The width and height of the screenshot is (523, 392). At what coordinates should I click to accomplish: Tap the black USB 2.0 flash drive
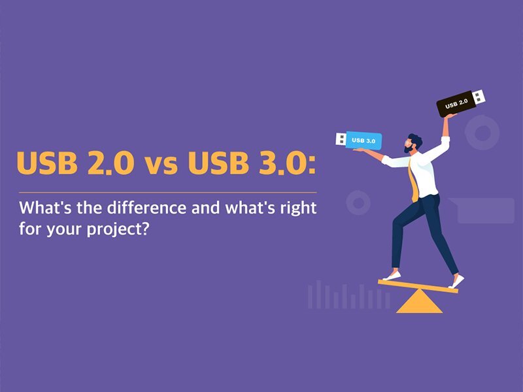pyautogui.click(x=456, y=103)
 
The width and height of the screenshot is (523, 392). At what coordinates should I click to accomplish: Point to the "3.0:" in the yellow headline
pyautogui.click(x=282, y=165)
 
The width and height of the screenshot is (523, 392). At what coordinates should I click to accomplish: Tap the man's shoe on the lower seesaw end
pyautogui.click(x=392, y=276)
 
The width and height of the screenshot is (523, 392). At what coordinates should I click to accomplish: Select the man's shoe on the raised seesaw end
pyautogui.click(x=456, y=282)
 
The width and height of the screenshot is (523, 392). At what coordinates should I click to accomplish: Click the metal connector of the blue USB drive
pyautogui.click(x=341, y=139)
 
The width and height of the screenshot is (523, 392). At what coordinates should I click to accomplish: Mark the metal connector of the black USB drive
pyautogui.click(x=479, y=97)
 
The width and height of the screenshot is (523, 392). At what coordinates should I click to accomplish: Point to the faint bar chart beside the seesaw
pyautogui.click(x=346, y=296)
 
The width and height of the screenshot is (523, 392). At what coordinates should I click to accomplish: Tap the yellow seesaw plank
pyautogui.click(x=418, y=286)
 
